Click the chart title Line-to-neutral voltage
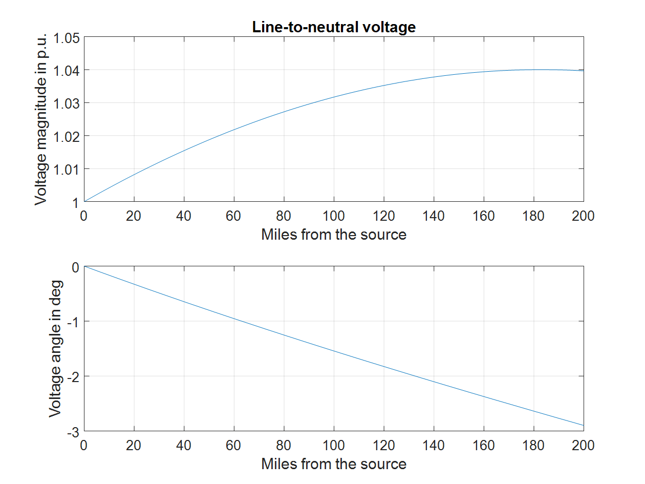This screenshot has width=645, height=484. click(x=334, y=27)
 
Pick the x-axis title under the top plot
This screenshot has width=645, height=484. click(x=334, y=235)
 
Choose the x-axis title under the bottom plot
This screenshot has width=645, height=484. click(x=334, y=464)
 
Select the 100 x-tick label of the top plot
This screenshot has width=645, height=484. click(x=334, y=216)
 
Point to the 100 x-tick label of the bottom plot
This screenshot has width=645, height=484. click(x=334, y=445)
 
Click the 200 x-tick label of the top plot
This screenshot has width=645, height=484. click(x=583, y=216)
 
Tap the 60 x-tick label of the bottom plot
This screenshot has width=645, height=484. click(x=234, y=445)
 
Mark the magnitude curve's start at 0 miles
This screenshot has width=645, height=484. click(x=84, y=201)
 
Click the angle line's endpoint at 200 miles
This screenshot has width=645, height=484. click(x=583, y=425)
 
